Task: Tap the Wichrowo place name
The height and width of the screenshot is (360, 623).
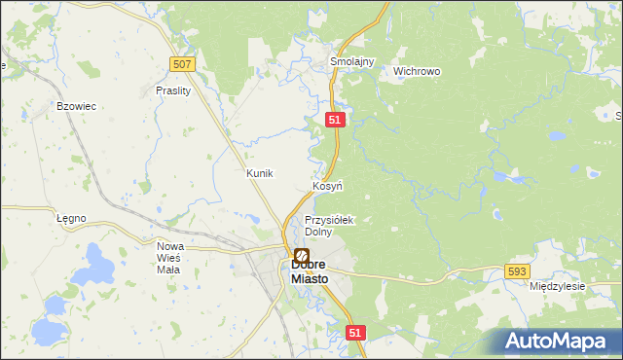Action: point(417,71)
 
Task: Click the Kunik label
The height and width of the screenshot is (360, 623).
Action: point(260,172)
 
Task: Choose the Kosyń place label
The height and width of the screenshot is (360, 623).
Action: point(327,185)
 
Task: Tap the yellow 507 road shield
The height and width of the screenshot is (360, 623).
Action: point(182,64)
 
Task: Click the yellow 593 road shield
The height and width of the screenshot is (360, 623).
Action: point(517,271)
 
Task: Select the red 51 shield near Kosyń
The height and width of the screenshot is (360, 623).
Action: point(335,118)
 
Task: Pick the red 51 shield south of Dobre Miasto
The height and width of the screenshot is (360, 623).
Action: point(354,333)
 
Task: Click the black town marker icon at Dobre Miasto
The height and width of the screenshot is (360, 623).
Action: point(302,255)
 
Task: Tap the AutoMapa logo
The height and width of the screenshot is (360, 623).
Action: point(556,341)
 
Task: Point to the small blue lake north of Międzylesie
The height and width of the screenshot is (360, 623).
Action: point(497,215)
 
